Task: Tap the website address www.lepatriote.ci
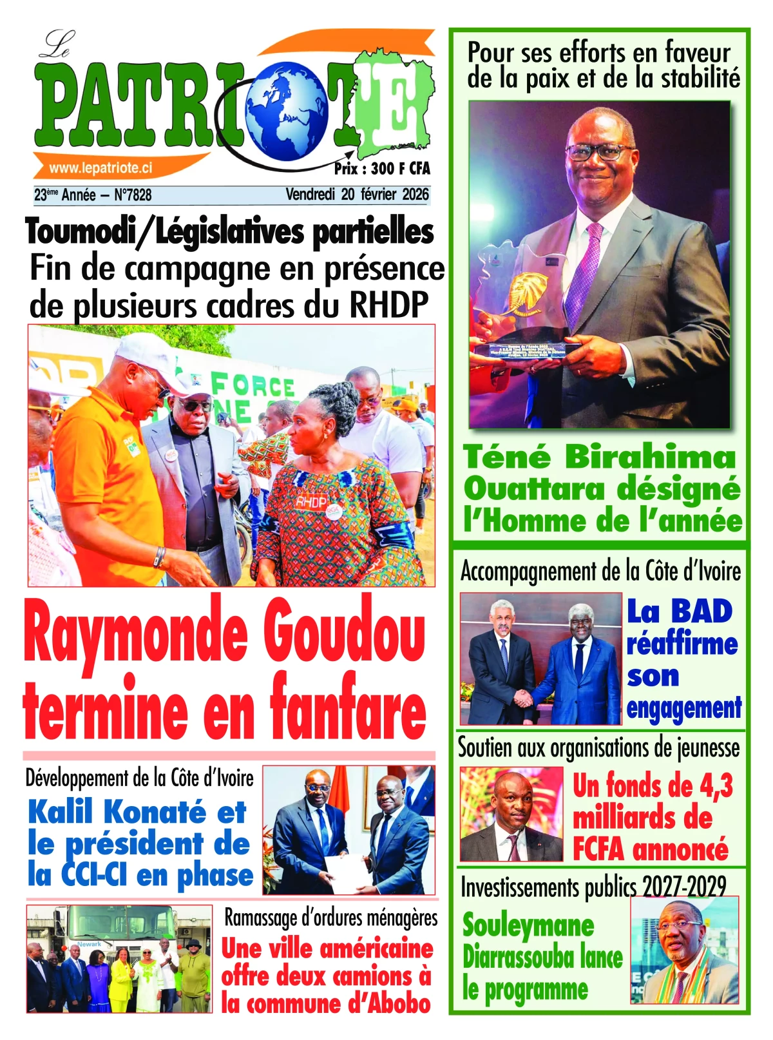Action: pyautogui.click(x=100, y=168)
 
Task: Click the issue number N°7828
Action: pyautogui.click(x=133, y=195)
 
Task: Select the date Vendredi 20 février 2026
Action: pyautogui.click(x=357, y=195)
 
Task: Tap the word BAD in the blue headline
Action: pyautogui.click(x=701, y=611)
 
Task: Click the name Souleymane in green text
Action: pyautogui.click(x=528, y=926)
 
